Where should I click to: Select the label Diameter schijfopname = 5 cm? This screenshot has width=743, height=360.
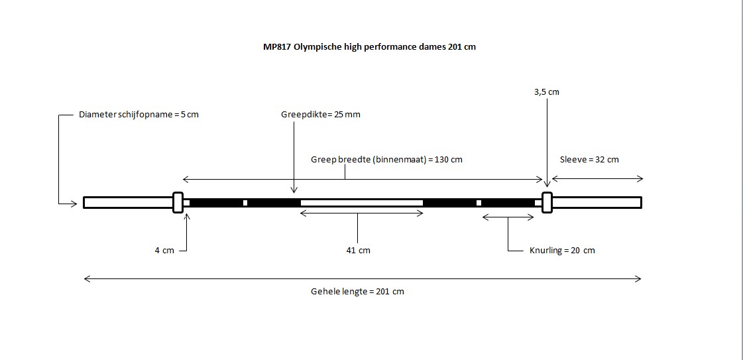click(x=139, y=115)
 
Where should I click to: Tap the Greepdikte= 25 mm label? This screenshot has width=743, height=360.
click(x=321, y=115)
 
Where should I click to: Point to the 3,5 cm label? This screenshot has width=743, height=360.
click(x=546, y=92)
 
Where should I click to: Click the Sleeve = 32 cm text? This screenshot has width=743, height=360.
click(x=589, y=160)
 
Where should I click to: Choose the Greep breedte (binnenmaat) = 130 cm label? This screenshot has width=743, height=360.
click(x=386, y=160)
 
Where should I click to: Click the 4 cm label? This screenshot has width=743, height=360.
click(x=164, y=251)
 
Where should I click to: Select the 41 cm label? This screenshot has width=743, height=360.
click(x=358, y=251)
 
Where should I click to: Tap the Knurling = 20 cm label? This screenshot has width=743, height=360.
click(x=562, y=251)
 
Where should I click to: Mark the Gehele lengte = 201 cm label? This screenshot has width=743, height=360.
click(x=358, y=292)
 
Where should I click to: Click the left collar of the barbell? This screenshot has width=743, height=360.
click(x=178, y=202)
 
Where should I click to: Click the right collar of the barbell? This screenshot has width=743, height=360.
click(x=547, y=202)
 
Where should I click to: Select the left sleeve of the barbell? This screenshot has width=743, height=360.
click(x=129, y=202)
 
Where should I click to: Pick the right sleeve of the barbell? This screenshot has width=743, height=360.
click(x=597, y=202)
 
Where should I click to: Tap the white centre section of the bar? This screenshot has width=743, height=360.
click(x=361, y=203)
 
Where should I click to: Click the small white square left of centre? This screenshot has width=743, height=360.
click(x=245, y=203)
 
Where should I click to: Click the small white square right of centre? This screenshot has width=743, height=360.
click(x=479, y=203)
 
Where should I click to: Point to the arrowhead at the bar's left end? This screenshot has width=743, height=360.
click(x=74, y=204)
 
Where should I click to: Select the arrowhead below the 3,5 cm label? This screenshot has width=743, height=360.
click(x=547, y=185)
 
